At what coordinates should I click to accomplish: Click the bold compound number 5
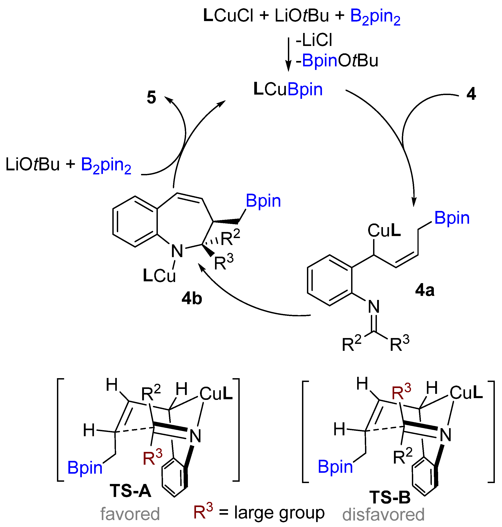point(152,98)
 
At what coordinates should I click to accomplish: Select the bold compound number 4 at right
point(471,94)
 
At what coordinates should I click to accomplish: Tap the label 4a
point(425,290)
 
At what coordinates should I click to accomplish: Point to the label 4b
point(192,299)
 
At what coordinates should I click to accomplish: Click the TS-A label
point(130,491)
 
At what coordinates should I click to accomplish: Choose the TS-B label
point(390,497)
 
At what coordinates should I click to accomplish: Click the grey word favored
point(130,514)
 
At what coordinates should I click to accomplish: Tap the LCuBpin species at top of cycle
point(288,89)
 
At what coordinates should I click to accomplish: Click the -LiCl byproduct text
point(314,41)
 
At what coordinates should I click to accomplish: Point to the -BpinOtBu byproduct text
point(337,61)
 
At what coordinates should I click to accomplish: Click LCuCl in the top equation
point(228,15)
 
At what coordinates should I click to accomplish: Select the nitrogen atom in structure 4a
point(374,307)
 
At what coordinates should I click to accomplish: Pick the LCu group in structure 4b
point(159,276)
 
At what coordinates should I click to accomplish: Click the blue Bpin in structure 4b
point(263,201)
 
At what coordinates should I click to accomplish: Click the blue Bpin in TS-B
point(335,467)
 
